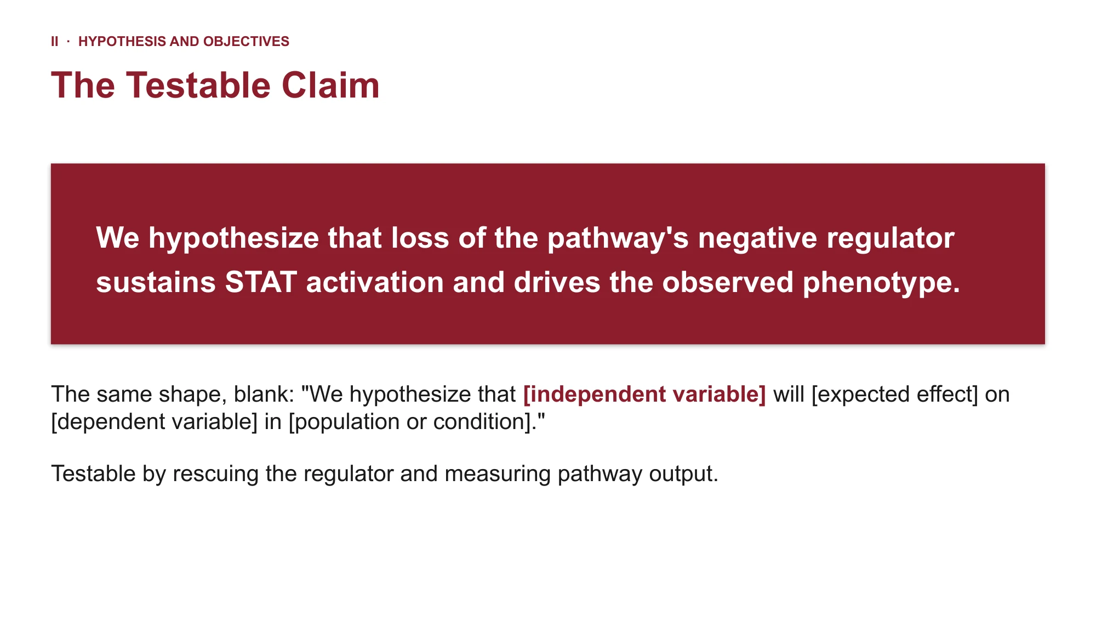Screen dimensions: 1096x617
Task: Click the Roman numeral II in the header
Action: [x=55, y=42]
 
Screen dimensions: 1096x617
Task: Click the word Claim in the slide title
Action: [x=330, y=85]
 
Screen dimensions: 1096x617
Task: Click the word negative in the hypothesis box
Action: [x=757, y=238]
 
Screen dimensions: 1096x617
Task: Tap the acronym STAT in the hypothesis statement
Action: [x=261, y=283]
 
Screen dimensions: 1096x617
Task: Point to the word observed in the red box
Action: [x=728, y=283]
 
